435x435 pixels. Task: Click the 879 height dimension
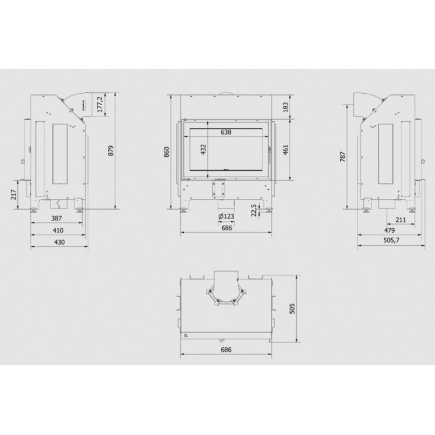(x=111, y=150)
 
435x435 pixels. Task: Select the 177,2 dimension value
(x=100, y=104)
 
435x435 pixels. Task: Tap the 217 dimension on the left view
(x=14, y=195)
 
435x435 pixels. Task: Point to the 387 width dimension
(x=56, y=218)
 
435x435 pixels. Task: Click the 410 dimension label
(x=58, y=230)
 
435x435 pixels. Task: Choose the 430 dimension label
(x=59, y=242)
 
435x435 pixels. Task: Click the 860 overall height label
(x=166, y=152)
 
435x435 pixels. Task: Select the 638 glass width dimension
(x=226, y=132)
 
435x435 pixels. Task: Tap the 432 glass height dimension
(x=204, y=150)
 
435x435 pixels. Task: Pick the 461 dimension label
(x=285, y=150)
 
